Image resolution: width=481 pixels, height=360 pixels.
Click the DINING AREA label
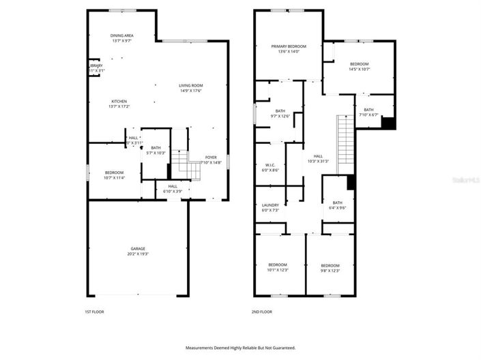[x=122, y=35]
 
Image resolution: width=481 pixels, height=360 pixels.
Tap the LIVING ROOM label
[x=190, y=85]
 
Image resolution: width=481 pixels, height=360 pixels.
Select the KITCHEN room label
[x=119, y=102]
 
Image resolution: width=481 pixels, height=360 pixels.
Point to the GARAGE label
[x=139, y=248]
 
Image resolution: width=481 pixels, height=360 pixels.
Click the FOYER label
[x=211, y=157]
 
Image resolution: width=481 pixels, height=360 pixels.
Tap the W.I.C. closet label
[x=269, y=164]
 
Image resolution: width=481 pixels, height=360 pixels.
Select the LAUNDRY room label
[x=270, y=205]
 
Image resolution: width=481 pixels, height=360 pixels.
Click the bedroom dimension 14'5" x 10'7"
[x=359, y=69]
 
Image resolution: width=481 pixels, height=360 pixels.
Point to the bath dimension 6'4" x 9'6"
[x=338, y=207]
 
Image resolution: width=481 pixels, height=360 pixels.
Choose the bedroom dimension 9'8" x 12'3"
[x=330, y=271]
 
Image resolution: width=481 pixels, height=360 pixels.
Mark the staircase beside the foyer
[x=180, y=163]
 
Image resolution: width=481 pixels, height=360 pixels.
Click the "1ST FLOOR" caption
[x=93, y=312]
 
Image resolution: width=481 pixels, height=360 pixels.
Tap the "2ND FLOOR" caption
[x=262, y=312]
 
